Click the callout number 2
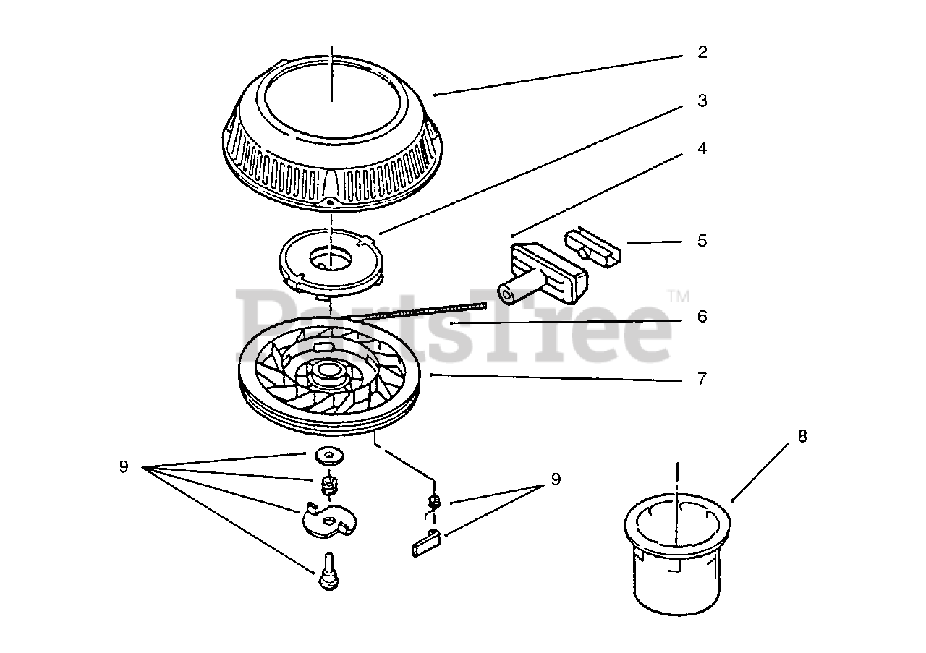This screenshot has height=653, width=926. point(702,53)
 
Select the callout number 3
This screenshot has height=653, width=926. point(702,101)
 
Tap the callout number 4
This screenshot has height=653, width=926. point(702,149)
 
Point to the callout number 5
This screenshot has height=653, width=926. point(702,241)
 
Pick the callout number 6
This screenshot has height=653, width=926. point(702,317)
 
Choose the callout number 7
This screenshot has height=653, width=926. point(702,378)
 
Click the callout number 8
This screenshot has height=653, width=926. point(802,437)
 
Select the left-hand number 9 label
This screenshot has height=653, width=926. point(124,467)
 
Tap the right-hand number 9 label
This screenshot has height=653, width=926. point(556,479)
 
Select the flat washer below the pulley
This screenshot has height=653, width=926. point(329,456)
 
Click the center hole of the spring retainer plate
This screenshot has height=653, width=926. point(330,259)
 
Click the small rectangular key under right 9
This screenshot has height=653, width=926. point(427,542)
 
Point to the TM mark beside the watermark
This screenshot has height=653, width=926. point(678,296)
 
